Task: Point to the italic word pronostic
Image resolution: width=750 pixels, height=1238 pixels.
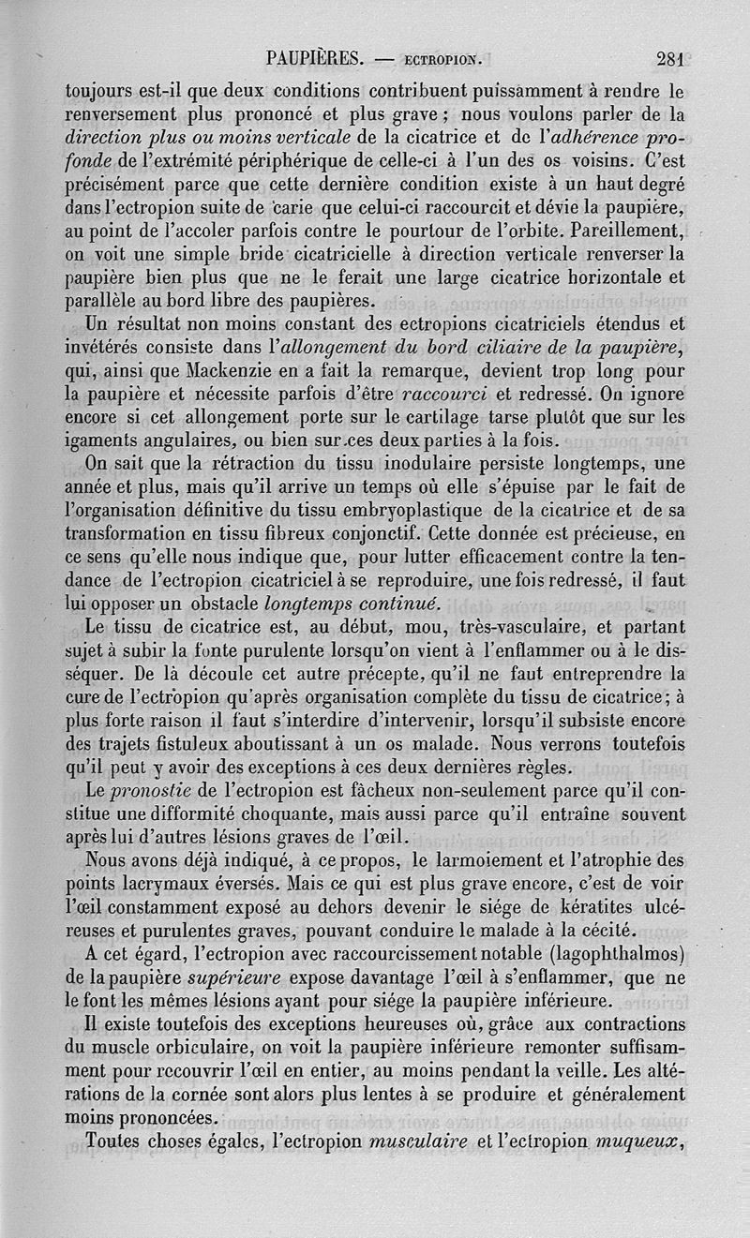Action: [147, 791]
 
